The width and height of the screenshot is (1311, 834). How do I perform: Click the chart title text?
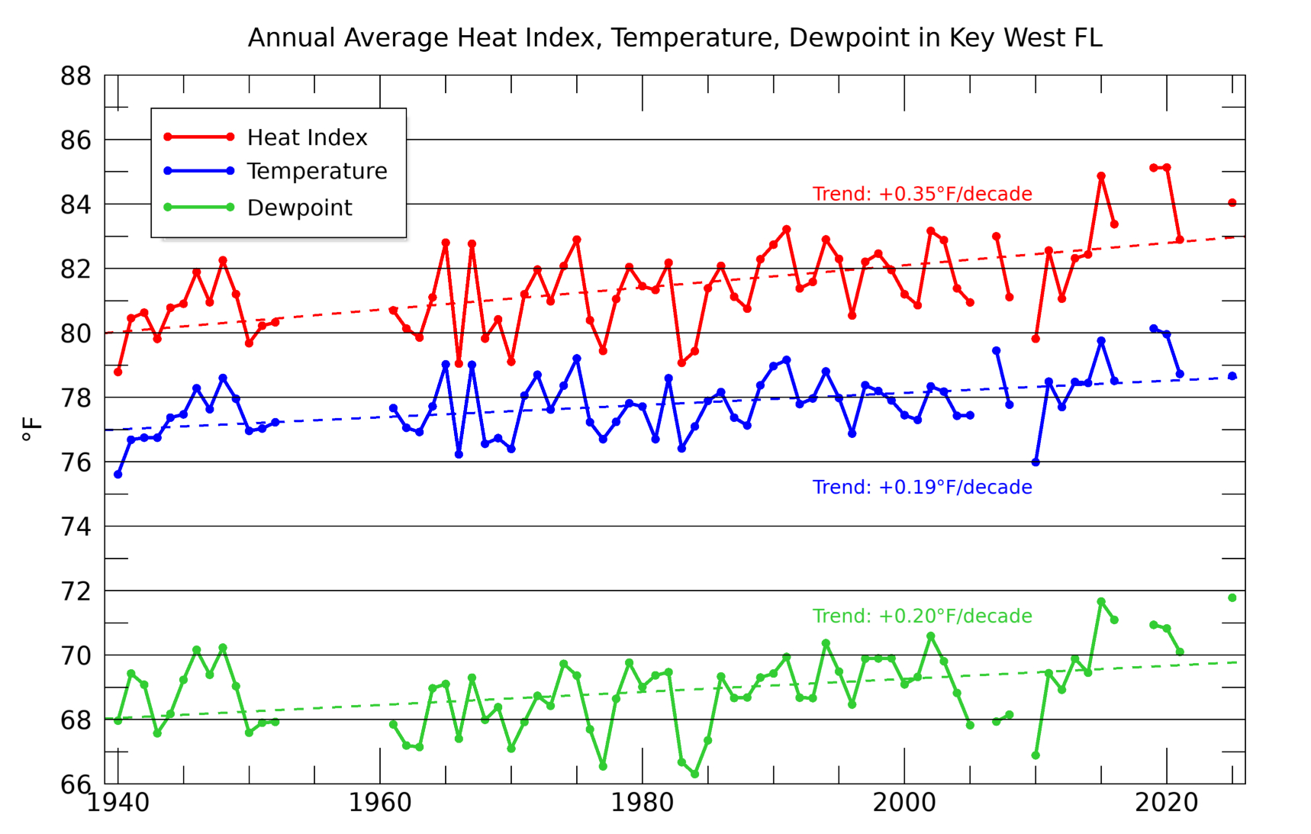pyautogui.click(x=675, y=38)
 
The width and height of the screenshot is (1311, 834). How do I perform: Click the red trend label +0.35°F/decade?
pyautogui.click(x=922, y=194)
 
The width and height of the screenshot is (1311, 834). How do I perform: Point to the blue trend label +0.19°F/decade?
pyautogui.click(x=922, y=487)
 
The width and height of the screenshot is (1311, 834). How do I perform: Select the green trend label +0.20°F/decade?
pyautogui.click(x=922, y=616)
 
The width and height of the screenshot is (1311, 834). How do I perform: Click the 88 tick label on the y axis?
pyautogui.click(x=76, y=76)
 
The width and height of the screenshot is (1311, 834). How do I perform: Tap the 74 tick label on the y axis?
pyautogui.click(x=76, y=526)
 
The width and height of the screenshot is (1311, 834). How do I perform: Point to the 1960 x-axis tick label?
pyautogui.click(x=379, y=803)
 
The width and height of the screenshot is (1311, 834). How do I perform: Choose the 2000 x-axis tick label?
pyautogui.click(x=904, y=803)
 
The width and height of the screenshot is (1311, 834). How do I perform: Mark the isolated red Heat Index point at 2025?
pyautogui.click(x=1232, y=203)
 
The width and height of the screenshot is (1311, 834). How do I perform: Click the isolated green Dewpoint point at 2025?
pyautogui.click(x=1232, y=598)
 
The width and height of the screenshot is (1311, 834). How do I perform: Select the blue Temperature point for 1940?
pyautogui.click(x=118, y=475)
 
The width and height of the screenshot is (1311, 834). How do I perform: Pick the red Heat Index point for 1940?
pyautogui.click(x=118, y=372)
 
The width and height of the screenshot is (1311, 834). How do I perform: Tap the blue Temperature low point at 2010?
pyautogui.click(x=1036, y=462)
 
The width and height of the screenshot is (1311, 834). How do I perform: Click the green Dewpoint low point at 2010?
pyautogui.click(x=1036, y=755)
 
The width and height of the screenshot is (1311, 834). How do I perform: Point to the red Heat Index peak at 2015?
pyautogui.click(x=1101, y=176)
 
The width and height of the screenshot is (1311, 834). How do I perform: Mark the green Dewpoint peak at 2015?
pyautogui.click(x=1101, y=602)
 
